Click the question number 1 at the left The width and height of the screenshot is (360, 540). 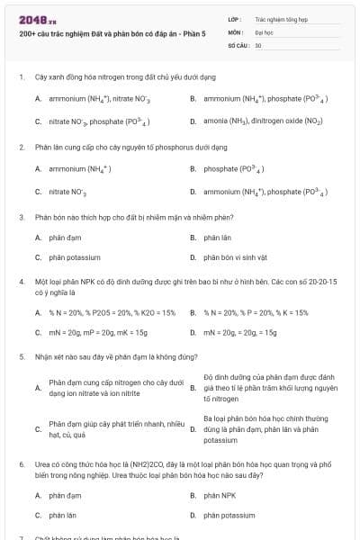pos(21,76)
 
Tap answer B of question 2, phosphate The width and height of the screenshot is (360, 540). pos(233,168)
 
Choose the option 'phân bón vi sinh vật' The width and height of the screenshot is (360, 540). pos(235,257)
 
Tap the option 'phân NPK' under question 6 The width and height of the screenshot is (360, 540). pos(220,495)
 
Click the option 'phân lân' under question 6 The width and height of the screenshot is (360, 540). pos(62,515)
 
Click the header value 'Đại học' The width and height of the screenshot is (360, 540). pos(264,31)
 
